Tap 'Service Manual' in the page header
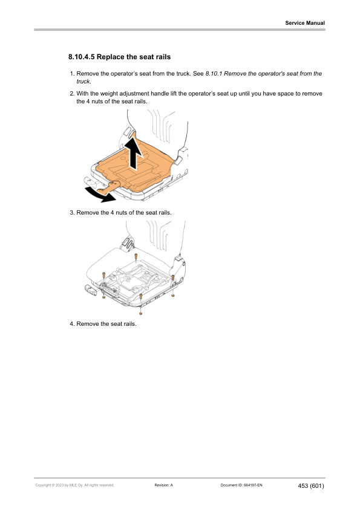(305, 23)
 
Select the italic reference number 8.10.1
(214, 74)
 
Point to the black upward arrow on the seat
(134, 153)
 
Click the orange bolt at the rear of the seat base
(135, 256)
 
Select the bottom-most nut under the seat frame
(140, 313)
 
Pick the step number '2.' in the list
(71, 94)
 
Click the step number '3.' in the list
(71, 213)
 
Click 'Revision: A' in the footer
(164, 485)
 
